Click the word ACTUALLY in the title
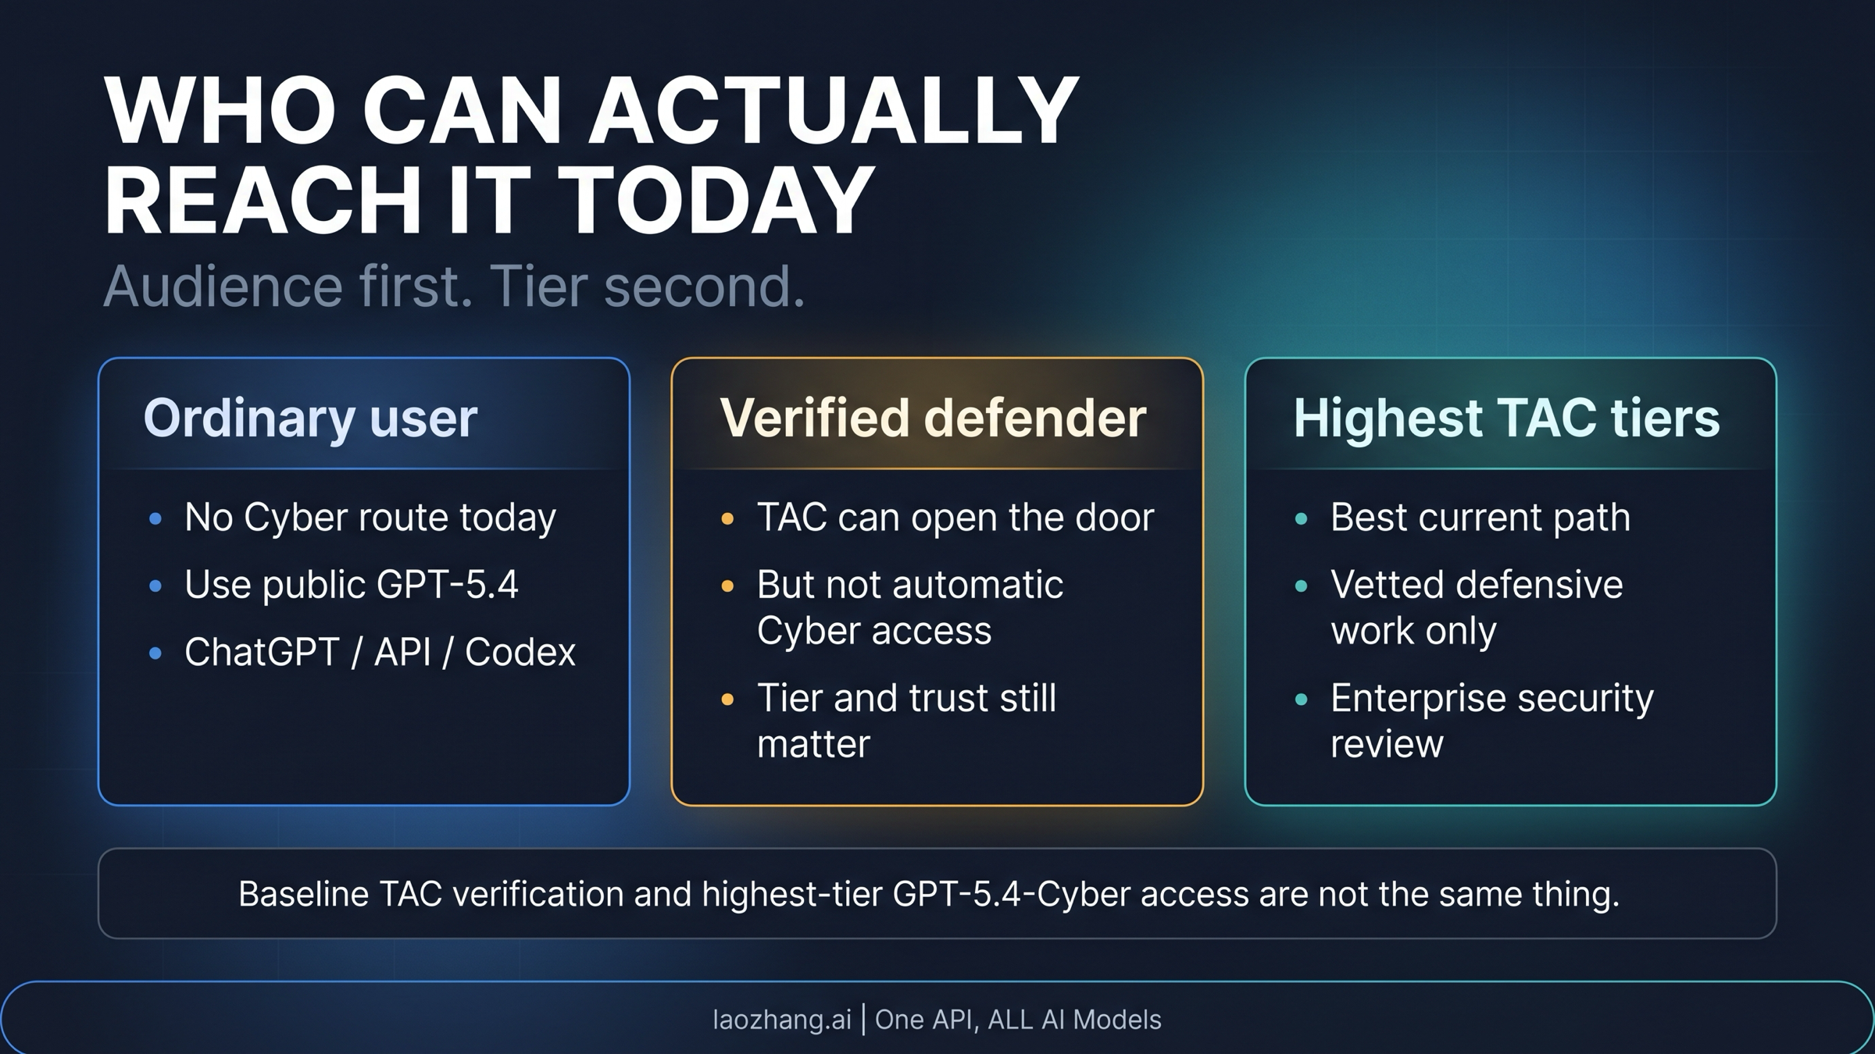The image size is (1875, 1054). point(833,111)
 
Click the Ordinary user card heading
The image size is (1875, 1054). point(310,418)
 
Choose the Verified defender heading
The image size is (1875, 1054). point(933,418)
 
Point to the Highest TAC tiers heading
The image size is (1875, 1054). point(1506,418)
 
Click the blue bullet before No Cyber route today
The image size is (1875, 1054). point(155,518)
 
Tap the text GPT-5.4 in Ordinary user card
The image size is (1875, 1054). point(447,585)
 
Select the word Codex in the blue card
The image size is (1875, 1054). point(520,652)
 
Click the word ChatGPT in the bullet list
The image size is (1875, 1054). point(261,652)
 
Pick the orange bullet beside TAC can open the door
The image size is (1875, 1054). point(727,518)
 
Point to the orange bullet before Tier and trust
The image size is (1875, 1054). point(727,699)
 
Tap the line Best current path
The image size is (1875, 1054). point(1480,518)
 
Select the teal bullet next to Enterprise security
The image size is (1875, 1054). point(1302,699)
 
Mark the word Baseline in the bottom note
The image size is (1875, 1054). point(303,894)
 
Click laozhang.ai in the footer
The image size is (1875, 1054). point(781,1020)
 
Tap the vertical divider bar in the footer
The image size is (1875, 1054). point(863,1020)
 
